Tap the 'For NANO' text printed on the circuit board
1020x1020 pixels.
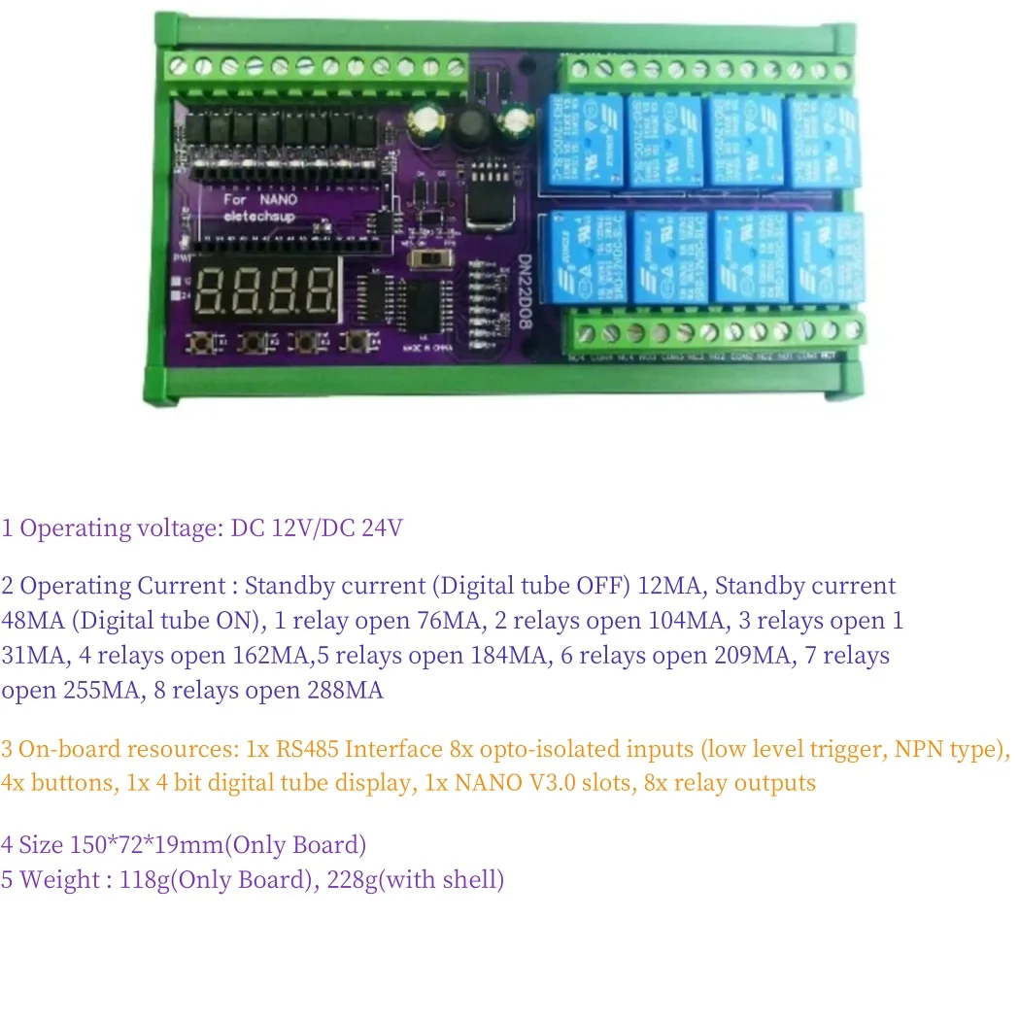click(x=255, y=199)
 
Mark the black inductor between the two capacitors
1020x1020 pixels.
click(x=473, y=123)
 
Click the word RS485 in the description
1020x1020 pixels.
click(x=307, y=749)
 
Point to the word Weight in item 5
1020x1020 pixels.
click(x=59, y=880)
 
